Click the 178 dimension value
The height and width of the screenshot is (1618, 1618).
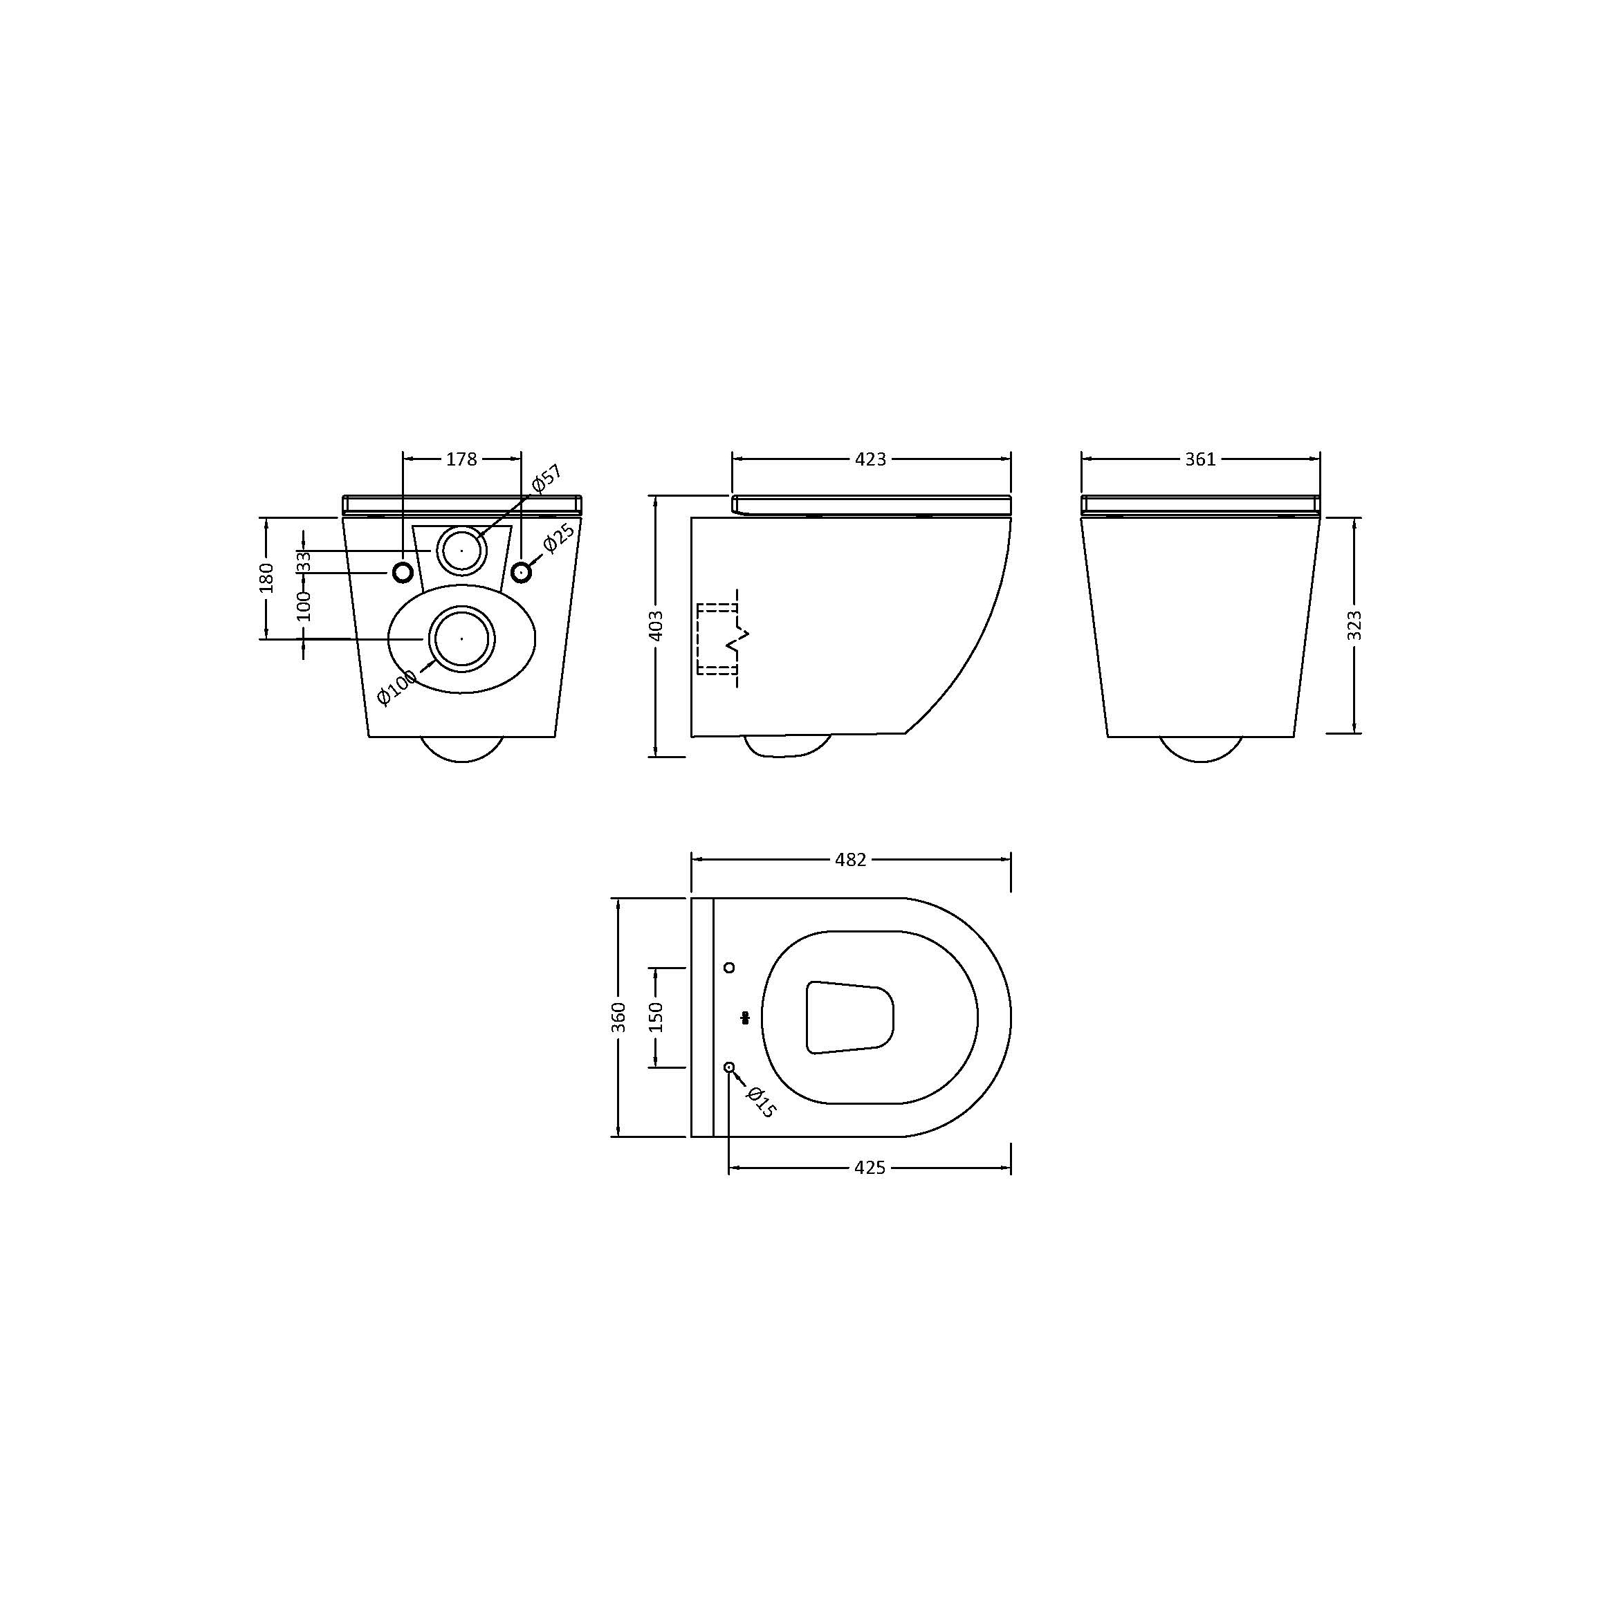pos(461,459)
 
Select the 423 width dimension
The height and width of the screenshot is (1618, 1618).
pos(870,459)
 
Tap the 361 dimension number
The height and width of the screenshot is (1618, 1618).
pos(1200,459)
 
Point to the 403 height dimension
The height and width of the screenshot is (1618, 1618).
pos(656,625)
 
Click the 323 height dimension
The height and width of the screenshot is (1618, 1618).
pos(1354,625)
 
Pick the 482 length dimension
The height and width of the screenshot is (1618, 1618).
pos(851,859)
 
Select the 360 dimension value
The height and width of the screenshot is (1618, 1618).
pos(619,1017)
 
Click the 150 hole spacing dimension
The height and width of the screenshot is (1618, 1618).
pos(656,1017)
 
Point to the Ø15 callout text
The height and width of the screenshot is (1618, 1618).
pos(760,1101)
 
